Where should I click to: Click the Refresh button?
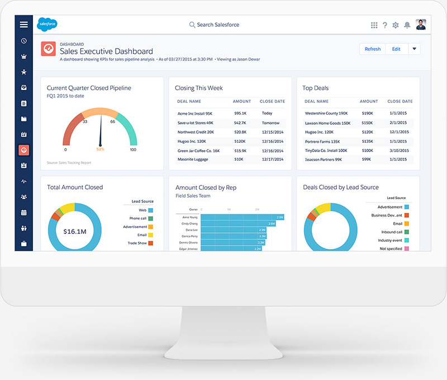(372, 49)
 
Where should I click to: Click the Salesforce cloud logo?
(47, 25)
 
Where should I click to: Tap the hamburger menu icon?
(23, 25)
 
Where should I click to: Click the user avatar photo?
(421, 25)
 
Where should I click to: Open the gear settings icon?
(396, 25)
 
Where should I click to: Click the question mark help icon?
(385, 25)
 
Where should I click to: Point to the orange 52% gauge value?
(101, 149)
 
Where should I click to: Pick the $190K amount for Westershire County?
(367, 114)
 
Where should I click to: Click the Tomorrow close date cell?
(270, 123)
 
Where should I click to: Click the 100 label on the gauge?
(133, 150)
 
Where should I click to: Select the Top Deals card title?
(316, 88)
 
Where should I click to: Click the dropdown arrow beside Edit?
(414, 49)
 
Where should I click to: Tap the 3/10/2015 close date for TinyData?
(398, 151)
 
